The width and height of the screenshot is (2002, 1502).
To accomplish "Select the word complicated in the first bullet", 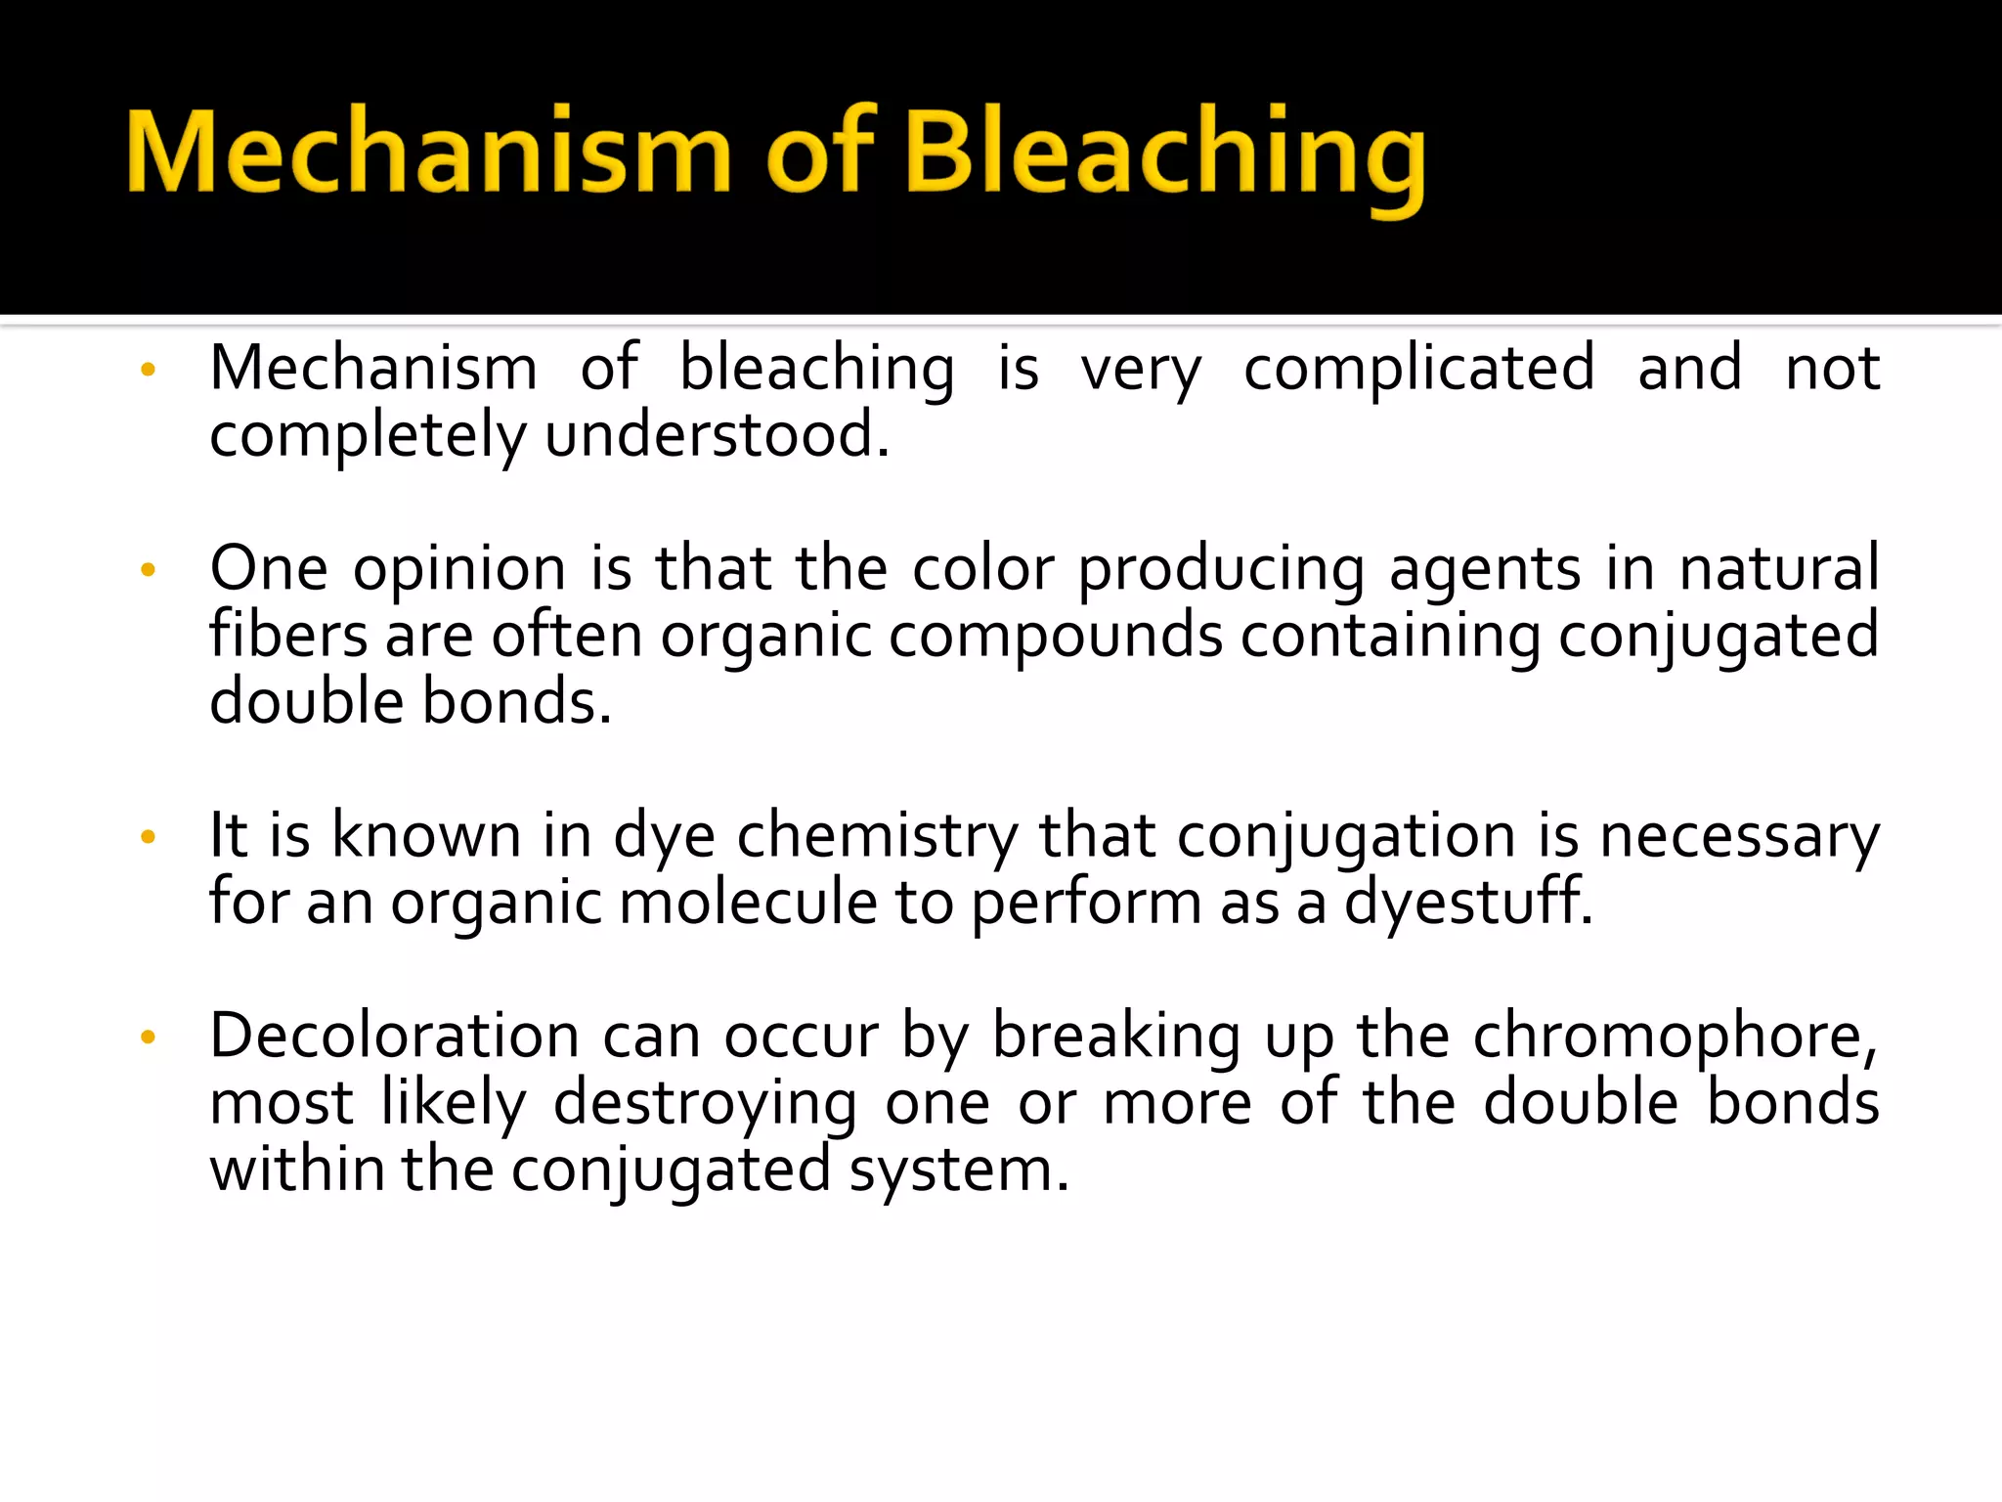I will coord(1418,370).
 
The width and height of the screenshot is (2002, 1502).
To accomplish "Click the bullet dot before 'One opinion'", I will coord(149,570).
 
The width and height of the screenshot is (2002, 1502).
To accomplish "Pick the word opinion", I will coord(459,569).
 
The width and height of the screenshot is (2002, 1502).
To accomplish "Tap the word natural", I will coord(1779,569).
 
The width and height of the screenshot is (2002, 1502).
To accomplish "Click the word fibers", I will coord(288,636).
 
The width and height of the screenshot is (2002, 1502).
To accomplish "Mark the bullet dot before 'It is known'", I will coord(149,837).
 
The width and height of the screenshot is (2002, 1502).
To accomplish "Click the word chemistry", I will coord(877,837).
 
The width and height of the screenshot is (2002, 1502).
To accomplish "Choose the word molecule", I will coord(748,903).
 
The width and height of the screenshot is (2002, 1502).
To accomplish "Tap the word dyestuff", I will coord(1467,903).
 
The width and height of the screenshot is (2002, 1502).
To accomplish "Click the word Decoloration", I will coord(397,1037).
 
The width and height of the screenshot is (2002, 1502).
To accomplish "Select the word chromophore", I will coord(1675,1037).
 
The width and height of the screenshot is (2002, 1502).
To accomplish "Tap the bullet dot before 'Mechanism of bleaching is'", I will coord(149,371).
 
